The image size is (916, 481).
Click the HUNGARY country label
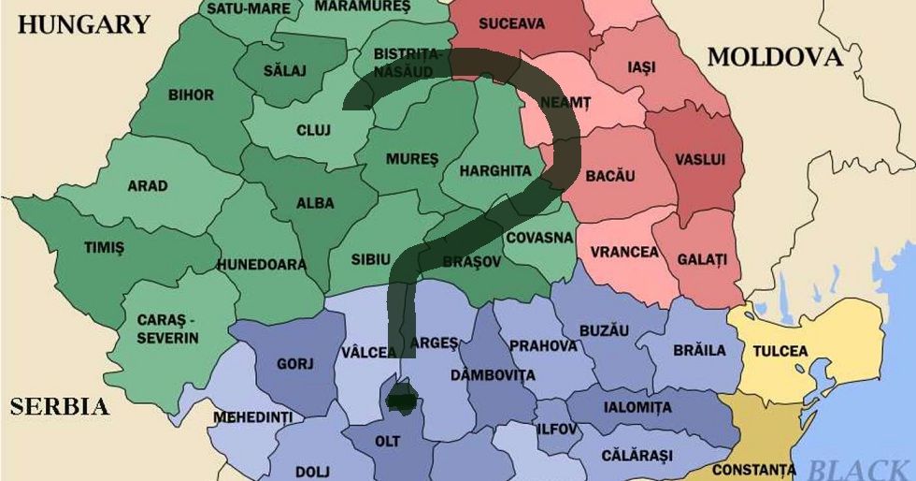point(84,24)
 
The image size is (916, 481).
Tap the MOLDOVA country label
point(775,58)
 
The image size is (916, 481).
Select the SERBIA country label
point(59,407)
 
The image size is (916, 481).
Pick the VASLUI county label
point(700,160)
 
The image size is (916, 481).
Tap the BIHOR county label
point(191,95)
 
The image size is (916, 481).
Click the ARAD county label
point(148,185)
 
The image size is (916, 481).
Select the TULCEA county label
point(780,351)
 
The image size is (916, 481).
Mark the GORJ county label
point(295,364)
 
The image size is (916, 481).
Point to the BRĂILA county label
point(699,351)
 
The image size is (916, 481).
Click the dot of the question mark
point(403,400)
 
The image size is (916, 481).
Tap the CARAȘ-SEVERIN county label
point(167,328)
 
